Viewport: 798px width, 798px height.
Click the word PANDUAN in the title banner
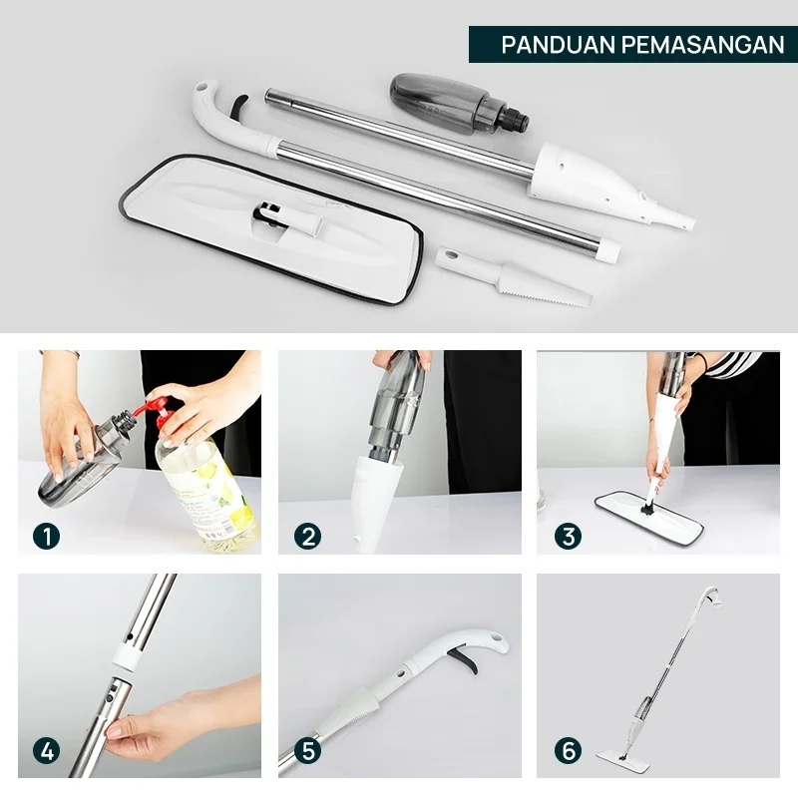point(559,45)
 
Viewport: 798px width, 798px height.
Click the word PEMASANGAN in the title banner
point(703,45)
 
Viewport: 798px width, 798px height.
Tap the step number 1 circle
point(46,536)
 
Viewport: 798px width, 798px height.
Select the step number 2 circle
point(307,536)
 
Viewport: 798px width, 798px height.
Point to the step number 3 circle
point(568,536)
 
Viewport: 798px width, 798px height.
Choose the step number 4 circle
point(46,751)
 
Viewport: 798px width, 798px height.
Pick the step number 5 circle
point(307,751)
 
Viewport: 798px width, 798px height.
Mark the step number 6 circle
point(568,751)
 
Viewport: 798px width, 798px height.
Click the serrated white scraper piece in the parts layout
point(514,277)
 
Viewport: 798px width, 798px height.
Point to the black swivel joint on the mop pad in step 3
point(647,506)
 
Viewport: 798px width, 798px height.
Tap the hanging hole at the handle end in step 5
point(496,637)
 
